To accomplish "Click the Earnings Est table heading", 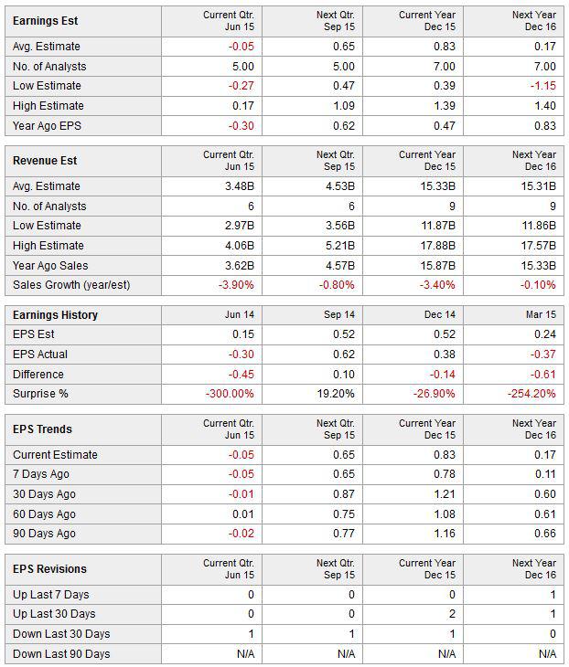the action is point(45,21).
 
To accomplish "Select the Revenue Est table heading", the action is point(45,161).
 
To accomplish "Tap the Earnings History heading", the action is point(55,315).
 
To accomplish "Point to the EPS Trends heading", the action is point(42,429).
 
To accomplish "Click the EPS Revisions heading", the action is point(49,568).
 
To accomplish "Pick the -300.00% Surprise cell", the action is point(230,394).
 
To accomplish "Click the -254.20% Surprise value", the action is point(531,394).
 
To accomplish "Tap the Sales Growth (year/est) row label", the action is point(71,285).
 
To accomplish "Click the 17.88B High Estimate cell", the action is point(438,246).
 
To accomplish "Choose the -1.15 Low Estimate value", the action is point(543,86).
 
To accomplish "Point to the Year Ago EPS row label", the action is point(47,126).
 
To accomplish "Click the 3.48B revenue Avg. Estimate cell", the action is point(240,185).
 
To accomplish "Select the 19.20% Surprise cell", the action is point(336,394).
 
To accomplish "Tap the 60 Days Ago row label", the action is point(44,513).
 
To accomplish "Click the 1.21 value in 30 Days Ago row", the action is point(445,494).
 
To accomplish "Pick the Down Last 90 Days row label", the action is point(61,654).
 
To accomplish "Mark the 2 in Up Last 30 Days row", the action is point(452,613).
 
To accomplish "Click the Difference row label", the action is point(38,375).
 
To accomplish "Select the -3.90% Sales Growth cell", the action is point(236,284).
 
